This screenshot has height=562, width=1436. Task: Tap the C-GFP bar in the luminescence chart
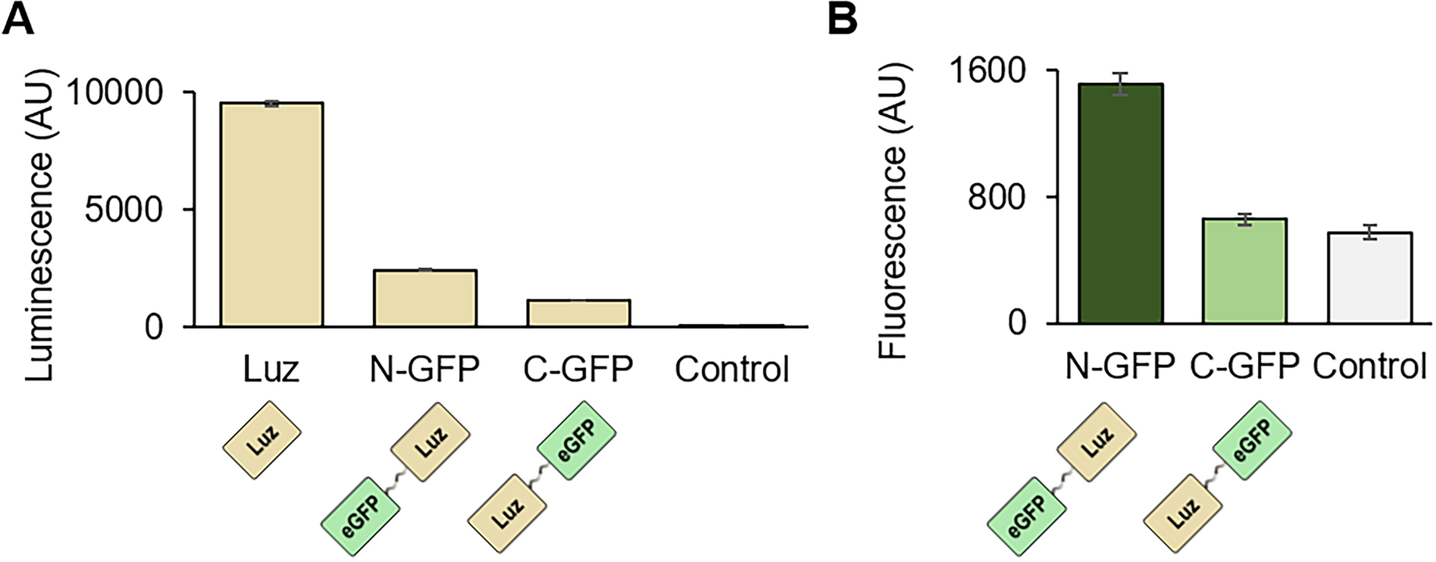(x=578, y=312)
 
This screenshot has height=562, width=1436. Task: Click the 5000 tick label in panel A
(x=125, y=210)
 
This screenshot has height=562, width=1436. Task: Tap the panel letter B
(x=843, y=19)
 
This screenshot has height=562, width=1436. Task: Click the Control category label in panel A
(x=732, y=369)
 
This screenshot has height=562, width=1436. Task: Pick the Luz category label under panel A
(x=271, y=369)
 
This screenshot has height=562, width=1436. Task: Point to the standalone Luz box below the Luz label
(x=262, y=440)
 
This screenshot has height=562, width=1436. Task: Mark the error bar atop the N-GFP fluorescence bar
(x=1120, y=84)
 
